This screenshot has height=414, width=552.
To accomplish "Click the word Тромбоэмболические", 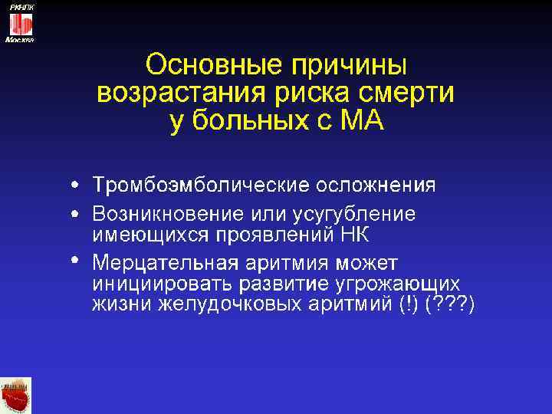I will (x=200, y=186).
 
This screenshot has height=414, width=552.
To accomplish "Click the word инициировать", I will (x=162, y=284).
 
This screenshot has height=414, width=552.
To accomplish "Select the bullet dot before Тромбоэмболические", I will (x=74, y=186).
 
